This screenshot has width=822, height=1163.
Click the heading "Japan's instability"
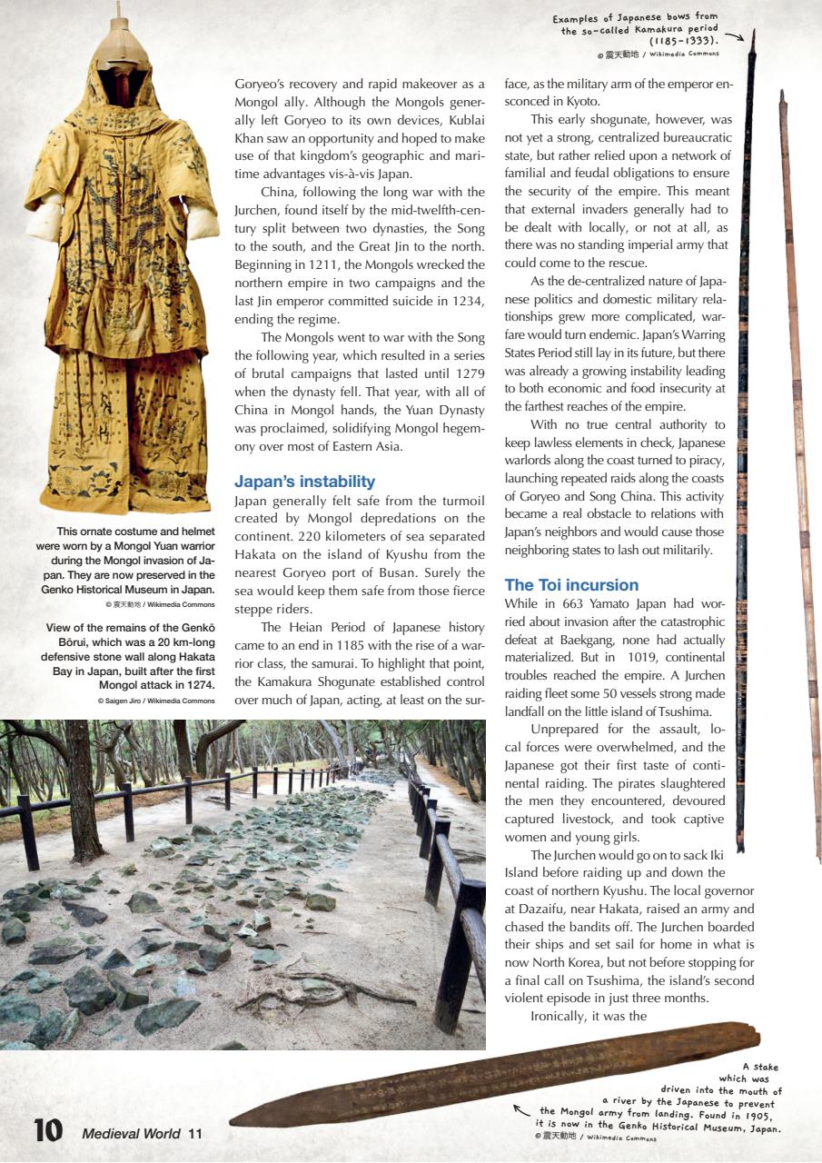[x=304, y=482]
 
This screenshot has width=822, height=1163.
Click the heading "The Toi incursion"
[x=571, y=584]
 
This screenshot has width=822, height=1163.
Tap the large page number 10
[x=47, y=1130]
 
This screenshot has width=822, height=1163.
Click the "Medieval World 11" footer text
[x=143, y=1133]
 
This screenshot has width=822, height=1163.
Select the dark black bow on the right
[x=747, y=436]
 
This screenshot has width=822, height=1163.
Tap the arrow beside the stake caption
[x=521, y=1109]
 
